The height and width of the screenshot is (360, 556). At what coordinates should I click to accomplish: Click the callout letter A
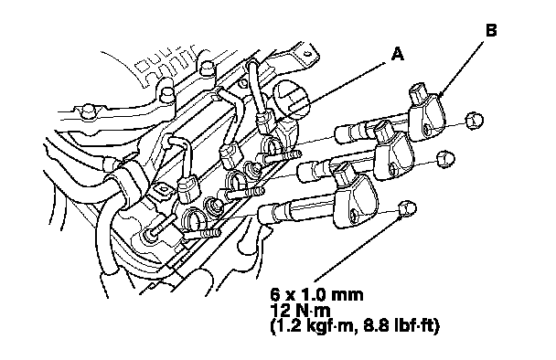click(x=398, y=55)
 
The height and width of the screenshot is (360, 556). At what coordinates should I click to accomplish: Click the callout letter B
click(x=491, y=30)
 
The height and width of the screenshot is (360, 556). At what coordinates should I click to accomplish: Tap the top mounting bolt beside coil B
click(x=474, y=121)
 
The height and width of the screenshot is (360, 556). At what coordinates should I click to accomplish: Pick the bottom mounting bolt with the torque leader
click(x=408, y=208)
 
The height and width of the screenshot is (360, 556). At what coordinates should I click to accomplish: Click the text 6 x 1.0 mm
click(x=316, y=294)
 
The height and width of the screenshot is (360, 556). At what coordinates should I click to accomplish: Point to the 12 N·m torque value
click(x=300, y=311)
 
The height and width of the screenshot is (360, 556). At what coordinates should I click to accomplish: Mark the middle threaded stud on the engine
click(x=245, y=194)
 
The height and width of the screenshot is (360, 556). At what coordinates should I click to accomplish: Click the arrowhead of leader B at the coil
click(x=441, y=94)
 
